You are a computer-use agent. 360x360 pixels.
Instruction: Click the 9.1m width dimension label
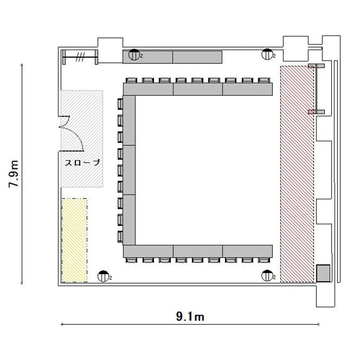point(190,317)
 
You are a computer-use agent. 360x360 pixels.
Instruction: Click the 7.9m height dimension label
point(13,174)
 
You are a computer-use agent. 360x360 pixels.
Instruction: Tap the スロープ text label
point(82,163)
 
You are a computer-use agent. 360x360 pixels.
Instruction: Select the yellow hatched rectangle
point(74,240)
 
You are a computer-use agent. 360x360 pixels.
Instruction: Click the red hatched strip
point(297,174)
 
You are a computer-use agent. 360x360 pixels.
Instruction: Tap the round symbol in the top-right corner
point(267,54)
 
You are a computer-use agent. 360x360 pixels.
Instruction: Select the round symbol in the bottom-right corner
point(267,276)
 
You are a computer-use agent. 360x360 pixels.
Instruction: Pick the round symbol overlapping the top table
point(134,55)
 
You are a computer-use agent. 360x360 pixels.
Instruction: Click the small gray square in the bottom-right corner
point(323,273)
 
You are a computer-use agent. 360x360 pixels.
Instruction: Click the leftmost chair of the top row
point(132,80)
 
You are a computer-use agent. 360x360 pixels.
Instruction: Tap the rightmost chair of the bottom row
point(264,260)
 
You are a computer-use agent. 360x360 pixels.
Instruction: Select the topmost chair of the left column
point(120,104)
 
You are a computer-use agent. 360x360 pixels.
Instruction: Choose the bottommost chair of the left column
point(120,237)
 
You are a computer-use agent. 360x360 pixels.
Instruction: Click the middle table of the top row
point(198,89)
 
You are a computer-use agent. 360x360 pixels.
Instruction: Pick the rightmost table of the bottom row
point(248,251)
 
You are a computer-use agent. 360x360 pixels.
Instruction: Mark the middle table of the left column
point(129,170)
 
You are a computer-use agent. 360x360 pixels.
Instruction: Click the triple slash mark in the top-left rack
point(80,57)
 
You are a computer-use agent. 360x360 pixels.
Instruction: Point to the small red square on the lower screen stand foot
point(311,112)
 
